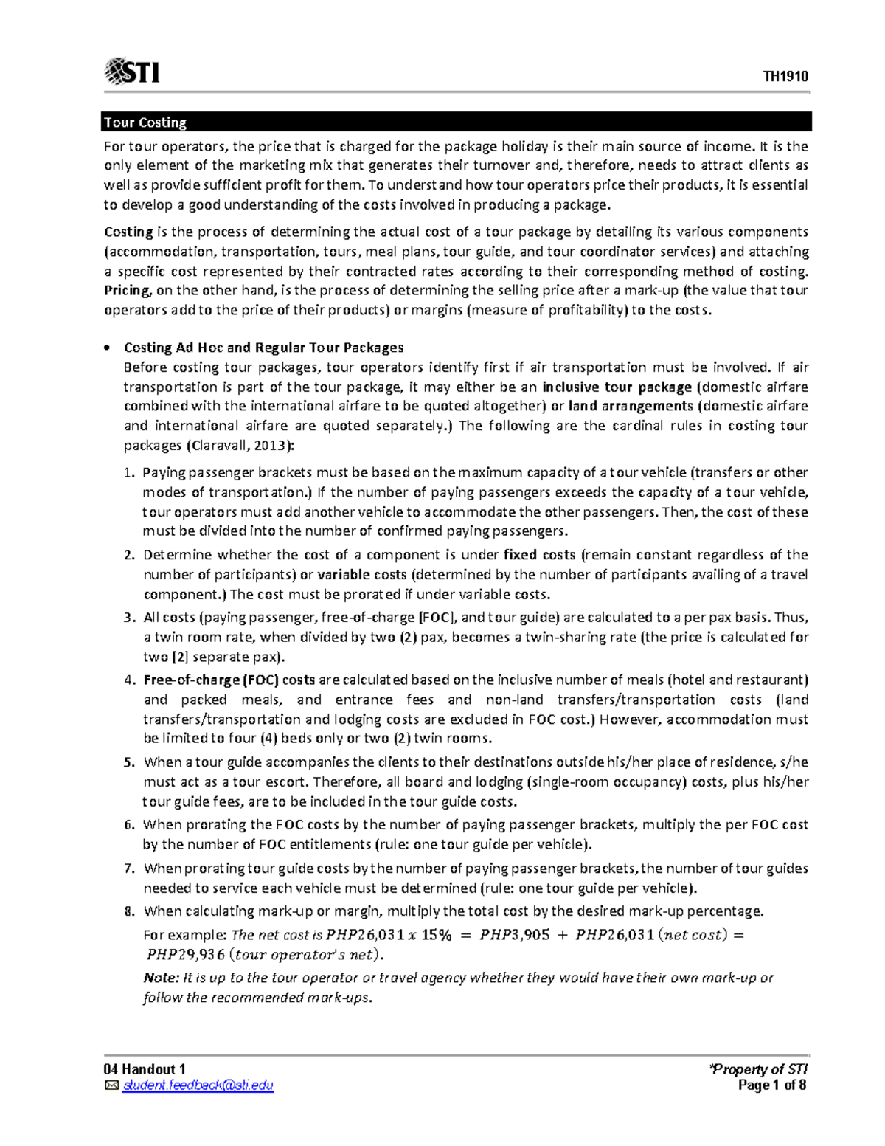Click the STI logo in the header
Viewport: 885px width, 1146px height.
point(133,72)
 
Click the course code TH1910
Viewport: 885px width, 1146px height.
point(785,77)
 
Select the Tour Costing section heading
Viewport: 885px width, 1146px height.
point(145,122)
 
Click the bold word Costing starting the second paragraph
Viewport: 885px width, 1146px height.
point(128,232)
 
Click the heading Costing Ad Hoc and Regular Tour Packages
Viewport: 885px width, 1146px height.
point(263,348)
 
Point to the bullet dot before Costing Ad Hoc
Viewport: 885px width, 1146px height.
point(108,348)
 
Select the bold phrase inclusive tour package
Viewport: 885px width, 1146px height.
point(617,387)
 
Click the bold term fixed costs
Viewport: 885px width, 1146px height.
point(539,555)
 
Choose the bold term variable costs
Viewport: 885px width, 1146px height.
point(361,574)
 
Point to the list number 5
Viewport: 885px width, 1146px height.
point(129,762)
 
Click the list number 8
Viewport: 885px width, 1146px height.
point(129,911)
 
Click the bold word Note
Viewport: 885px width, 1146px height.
point(160,978)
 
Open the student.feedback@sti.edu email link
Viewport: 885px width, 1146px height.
point(198,1085)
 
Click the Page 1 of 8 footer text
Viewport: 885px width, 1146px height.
point(771,1085)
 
